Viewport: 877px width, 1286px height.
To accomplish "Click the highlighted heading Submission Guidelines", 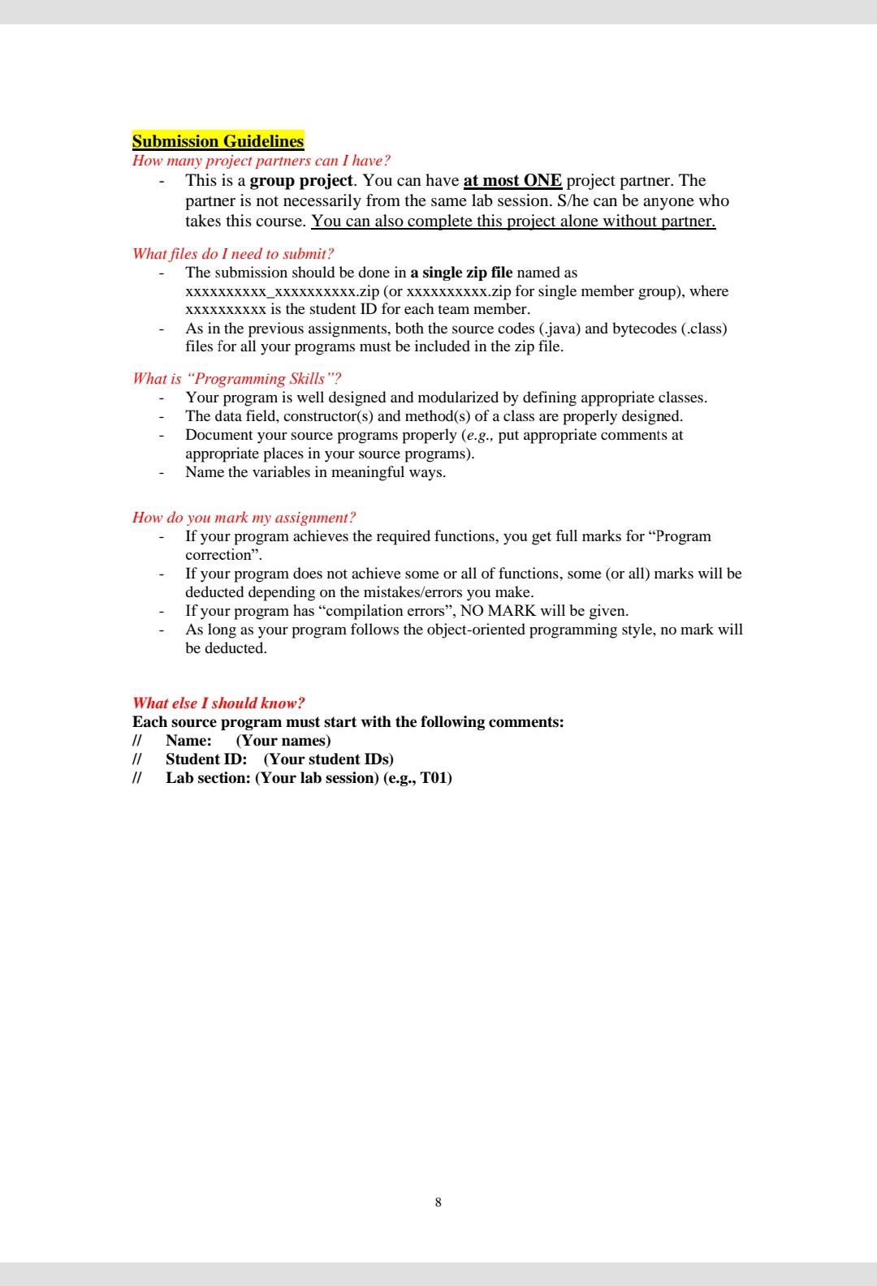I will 218,141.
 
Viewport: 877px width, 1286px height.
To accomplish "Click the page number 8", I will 438,1202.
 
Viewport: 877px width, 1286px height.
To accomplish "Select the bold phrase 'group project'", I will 301,180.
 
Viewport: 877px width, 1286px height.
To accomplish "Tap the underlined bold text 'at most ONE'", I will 512,180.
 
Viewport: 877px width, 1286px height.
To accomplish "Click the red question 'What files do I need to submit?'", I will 233,254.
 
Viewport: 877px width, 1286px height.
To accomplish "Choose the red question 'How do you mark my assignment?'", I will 244,518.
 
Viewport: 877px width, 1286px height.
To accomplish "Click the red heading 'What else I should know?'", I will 218,703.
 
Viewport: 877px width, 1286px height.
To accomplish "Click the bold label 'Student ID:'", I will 206,759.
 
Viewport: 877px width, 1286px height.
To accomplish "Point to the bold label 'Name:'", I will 188,741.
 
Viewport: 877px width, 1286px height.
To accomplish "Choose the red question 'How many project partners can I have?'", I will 261,161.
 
